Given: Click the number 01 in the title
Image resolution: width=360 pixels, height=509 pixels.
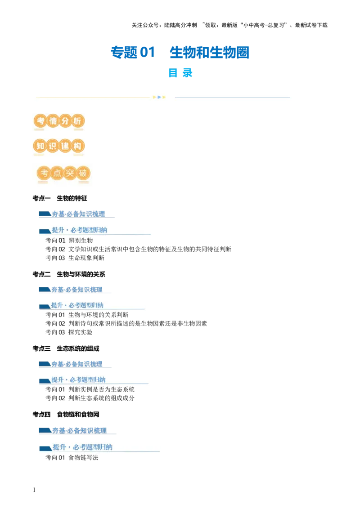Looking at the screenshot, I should coord(147,52).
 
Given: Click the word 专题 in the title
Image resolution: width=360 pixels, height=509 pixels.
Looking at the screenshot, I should coord(124,52).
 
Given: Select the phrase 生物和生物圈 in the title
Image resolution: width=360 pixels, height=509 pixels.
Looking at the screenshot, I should coord(210,53).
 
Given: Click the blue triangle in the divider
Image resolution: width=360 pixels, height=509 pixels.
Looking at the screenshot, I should coord(159,97).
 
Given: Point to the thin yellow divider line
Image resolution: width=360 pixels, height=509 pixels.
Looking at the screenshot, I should coord(92,97).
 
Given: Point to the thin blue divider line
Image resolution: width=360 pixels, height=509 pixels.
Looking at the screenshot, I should coord(232,97).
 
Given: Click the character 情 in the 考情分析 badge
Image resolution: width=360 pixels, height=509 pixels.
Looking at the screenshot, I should coord(53,122).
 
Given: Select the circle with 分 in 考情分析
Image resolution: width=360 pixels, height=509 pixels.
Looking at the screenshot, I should coord(65,122).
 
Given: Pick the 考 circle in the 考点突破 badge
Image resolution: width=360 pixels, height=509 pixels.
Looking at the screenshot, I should coord(44,174).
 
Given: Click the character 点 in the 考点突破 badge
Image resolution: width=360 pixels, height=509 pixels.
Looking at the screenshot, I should coord(57,174).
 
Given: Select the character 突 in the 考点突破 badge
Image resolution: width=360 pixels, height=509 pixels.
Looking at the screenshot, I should coord(70,174).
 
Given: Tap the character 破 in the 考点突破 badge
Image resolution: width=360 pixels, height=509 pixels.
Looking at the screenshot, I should coord(83,174).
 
